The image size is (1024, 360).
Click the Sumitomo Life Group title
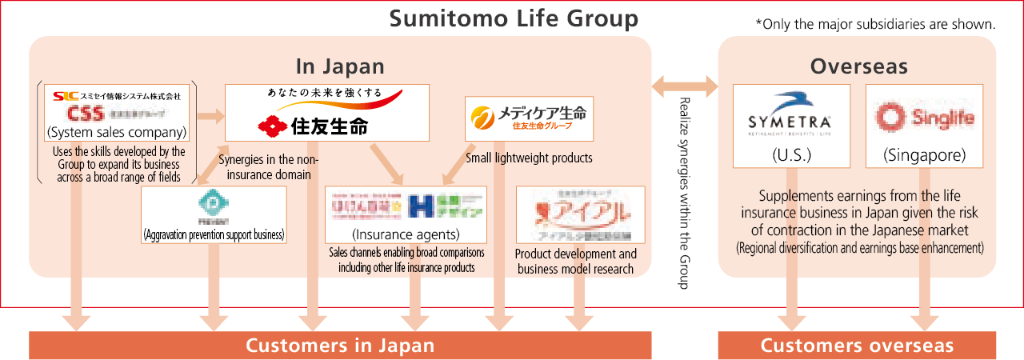pyautogui.click(x=514, y=18)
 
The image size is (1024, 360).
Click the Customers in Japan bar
pyautogui.click(x=340, y=346)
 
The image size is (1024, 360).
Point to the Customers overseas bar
pyautogui.click(x=857, y=346)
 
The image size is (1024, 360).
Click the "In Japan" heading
pyautogui.click(x=340, y=66)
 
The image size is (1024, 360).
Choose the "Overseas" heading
pyautogui.click(x=858, y=66)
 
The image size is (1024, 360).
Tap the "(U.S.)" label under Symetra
pyautogui.click(x=790, y=155)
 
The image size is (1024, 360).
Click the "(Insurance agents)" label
pyautogui.click(x=406, y=234)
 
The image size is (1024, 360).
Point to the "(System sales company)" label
pyautogui.click(x=117, y=132)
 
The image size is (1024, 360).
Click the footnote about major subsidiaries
pyautogui.click(x=875, y=24)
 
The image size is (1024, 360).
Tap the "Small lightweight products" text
pyautogui.click(x=529, y=158)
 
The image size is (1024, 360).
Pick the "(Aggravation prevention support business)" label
pyautogui.click(x=214, y=234)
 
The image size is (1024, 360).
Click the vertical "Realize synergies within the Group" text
pyautogui.click(x=683, y=192)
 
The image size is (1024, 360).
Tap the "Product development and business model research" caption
pyautogui.click(x=576, y=262)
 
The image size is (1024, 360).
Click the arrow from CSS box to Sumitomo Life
pyautogui.click(x=210, y=116)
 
